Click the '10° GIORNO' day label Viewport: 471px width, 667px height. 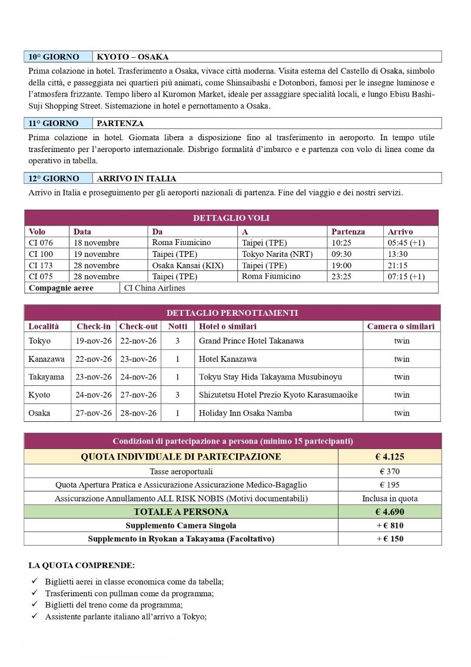coord(54,57)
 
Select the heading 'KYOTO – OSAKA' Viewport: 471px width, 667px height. coord(132,57)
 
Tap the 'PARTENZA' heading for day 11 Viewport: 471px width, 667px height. coord(120,124)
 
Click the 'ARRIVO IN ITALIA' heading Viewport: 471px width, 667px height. coord(136,179)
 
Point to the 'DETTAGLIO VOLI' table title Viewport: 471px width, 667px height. coord(231,218)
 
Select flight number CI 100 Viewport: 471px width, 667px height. coord(41,254)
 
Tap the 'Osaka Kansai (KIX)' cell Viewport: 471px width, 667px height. coord(188,265)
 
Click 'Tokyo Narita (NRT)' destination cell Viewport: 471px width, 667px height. coord(277,254)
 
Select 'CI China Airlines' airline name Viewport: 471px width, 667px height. coord(155,288)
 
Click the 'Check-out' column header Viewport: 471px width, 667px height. coord(138,326)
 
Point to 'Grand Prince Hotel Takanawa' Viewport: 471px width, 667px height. coord(251,341)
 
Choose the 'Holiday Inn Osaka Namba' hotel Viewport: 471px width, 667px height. coord(246,413)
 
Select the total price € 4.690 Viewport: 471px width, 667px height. coord(389,512)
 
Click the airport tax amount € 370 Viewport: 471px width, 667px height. coord(389,471)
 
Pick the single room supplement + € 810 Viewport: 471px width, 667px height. coord(389,526)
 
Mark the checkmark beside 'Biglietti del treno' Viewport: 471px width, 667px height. coord(35,605)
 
